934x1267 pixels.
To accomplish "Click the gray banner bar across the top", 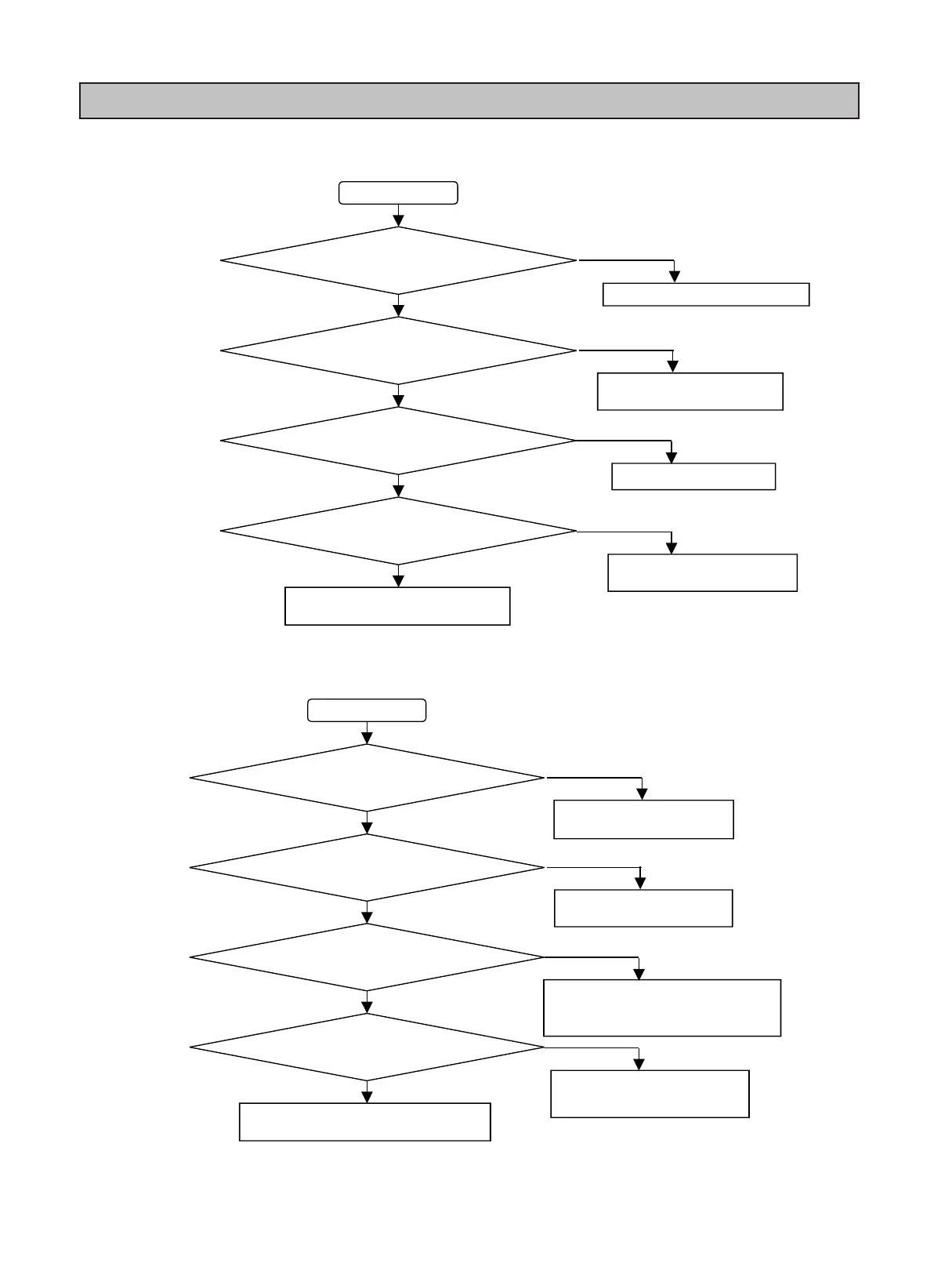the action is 469,100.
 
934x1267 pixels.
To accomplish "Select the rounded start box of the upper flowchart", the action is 398,193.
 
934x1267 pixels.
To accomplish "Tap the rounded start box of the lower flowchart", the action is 367,710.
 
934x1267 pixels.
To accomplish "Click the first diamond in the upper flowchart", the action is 398,260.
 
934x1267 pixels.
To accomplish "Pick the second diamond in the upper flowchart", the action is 398,350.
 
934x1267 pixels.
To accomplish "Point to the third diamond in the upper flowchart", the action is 398,441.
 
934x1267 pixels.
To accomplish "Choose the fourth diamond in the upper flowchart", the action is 398,531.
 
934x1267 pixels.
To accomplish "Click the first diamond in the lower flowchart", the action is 367,778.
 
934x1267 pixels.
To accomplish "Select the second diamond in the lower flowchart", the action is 367,868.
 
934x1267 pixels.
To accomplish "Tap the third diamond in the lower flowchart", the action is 367,957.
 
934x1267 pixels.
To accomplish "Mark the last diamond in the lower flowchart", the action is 367,1047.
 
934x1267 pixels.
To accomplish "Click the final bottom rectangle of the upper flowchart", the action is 397,606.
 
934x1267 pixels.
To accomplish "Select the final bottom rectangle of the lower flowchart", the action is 364,1122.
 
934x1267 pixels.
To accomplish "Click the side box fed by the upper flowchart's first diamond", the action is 705,294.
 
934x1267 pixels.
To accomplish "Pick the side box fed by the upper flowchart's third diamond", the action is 693,477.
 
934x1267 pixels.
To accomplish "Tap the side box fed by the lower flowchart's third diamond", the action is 662,1007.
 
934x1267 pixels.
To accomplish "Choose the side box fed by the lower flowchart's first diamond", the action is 643,819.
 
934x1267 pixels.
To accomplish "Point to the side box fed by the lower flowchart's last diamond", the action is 650,1094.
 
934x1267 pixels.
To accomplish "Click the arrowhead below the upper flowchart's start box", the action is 398,220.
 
